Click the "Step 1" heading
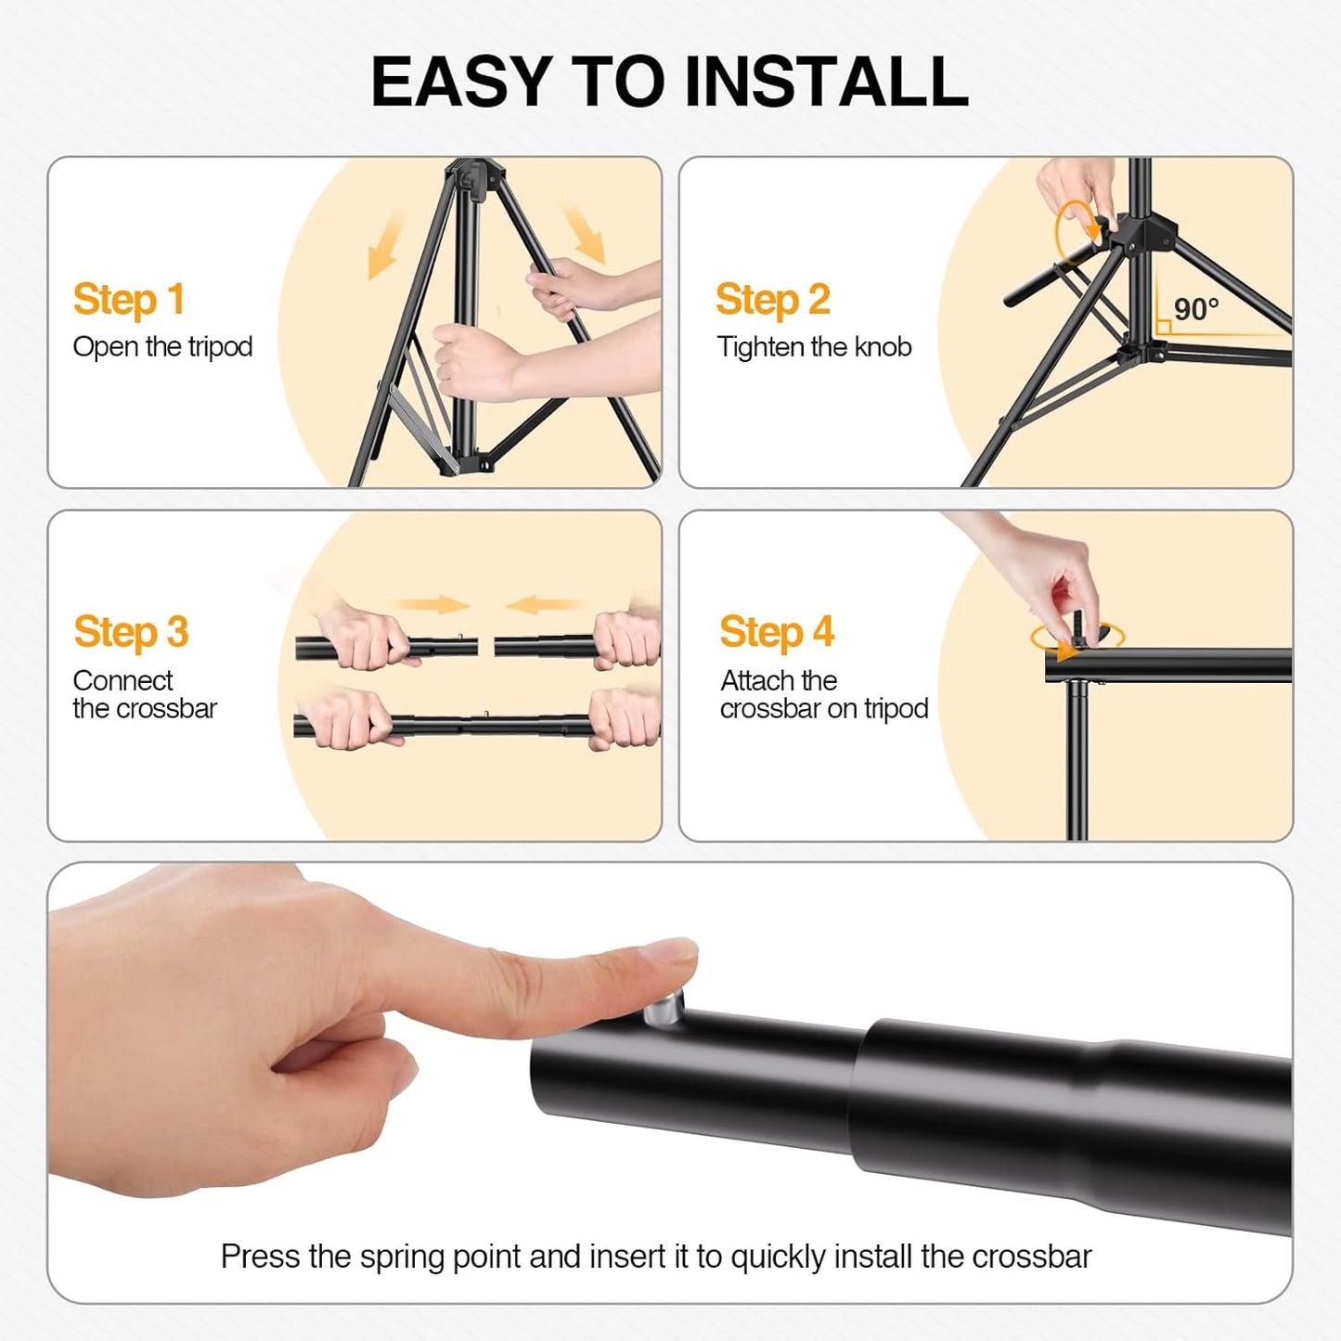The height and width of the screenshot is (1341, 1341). [x=129, y=300]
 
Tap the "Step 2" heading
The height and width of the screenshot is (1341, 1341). [x=772, y=300]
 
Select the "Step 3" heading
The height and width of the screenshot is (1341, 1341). [x=131, y=633]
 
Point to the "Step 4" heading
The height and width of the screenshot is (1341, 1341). [x=777, y=633]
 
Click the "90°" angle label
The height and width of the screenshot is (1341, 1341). [x=1195, y=309]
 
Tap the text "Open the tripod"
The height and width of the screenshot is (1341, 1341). [x=162, y=347]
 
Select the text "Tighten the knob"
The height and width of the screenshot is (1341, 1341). [x=814, y=347]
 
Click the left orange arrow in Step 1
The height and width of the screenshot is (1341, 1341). [x=385, y=243]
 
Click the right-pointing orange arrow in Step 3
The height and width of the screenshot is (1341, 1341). [x=435, y=605]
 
